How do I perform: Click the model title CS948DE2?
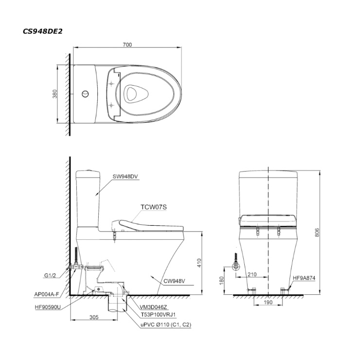[43, 31]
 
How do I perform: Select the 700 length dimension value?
[127, 45]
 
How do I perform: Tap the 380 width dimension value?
[55, 94]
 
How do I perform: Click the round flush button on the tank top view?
[85, 94]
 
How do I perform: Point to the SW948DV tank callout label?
[126, 176]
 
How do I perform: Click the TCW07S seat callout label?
[154, 207]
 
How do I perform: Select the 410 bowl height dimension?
[199, 263]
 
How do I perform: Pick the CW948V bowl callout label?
[174, 281]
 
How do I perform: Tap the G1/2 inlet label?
[50, 275]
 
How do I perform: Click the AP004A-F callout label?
[46, 294]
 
